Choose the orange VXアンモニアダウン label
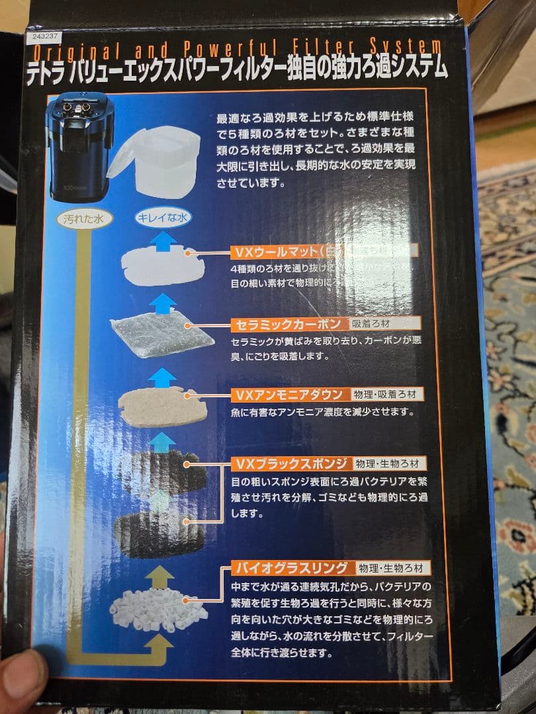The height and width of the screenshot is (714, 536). (x=289, y=395)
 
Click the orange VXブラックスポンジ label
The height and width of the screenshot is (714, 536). (x=290, y=462)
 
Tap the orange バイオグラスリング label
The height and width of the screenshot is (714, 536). (x=290, y=567)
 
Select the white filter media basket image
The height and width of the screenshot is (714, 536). (x=156, y=162)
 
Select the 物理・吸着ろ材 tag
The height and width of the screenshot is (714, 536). (x=386, y=395)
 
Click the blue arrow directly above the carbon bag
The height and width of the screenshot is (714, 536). (x=162, y=304)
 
